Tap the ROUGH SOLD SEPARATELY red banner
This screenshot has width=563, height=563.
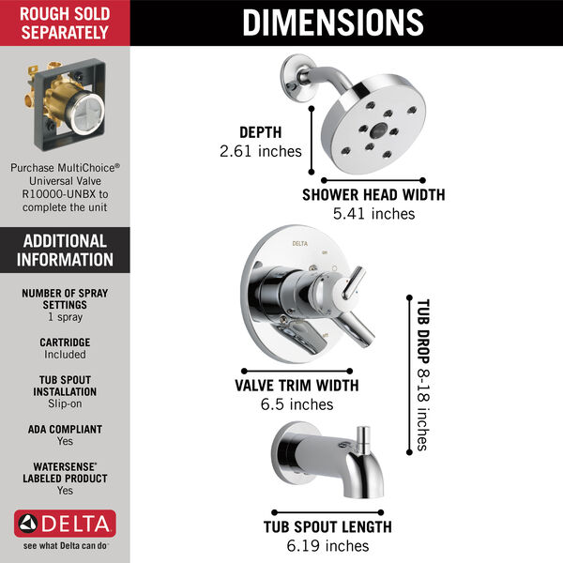tap(65, 22)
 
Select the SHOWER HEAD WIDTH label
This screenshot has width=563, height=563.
tap(373, 196)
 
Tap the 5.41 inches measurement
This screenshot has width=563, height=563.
tap(373, 214)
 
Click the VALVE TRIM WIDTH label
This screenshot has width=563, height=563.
tap(297, 386)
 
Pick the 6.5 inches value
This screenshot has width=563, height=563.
tap(297, 404)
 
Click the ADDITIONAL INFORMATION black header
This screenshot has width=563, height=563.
tap(65, 250)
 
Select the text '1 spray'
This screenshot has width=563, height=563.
tap(65, 317)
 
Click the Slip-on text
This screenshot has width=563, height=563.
tap(65, 403)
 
